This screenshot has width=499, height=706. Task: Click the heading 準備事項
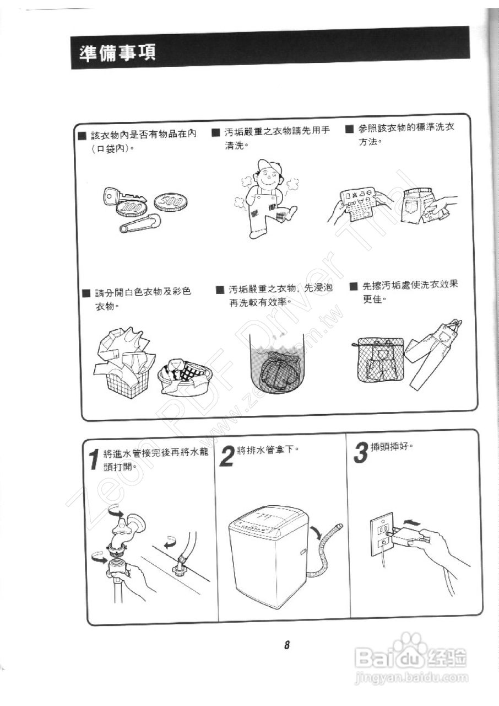[x=118, y=52]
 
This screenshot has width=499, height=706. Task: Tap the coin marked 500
[x=170, y=204]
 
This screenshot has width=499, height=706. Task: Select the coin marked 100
[x=132, y=208]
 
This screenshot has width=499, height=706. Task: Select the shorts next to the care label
[x=421, y=206]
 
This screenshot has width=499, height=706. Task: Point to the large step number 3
[x=360, y=454]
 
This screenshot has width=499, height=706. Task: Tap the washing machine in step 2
[x=269, y=557]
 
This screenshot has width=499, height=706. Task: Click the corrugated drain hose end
[x=338, y=528]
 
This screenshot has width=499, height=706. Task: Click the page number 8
[x=287, y=645]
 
